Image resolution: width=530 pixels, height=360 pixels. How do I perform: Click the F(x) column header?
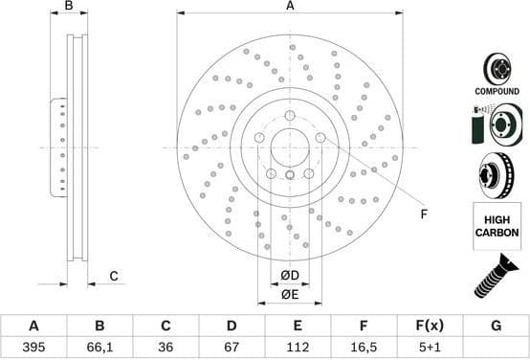(429, 326)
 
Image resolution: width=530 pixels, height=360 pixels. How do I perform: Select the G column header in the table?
(496, 326)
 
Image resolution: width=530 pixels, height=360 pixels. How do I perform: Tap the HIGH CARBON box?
(497, 226)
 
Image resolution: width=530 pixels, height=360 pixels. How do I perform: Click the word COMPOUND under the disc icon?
(497, 91)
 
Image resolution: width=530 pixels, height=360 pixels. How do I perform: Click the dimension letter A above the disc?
(290, 7)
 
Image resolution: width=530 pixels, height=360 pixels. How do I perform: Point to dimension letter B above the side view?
(69, 7)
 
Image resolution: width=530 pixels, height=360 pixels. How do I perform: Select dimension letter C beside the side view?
(113, 277)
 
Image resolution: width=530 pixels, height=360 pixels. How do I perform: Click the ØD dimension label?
(290, 277)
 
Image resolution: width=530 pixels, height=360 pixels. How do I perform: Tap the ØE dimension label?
(290, 294)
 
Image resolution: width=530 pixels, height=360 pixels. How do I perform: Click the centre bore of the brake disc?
(290, 147)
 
